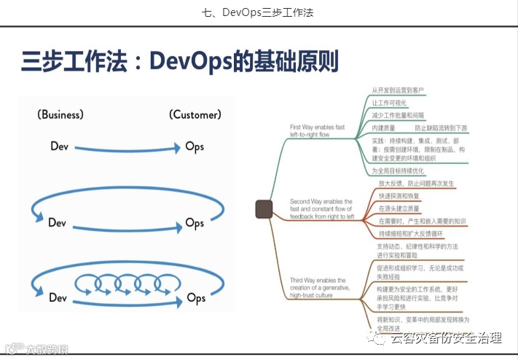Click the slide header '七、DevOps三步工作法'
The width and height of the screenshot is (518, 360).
point(259,12)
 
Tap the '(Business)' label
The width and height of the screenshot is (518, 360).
point(60,114)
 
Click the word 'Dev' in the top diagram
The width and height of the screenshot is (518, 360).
point(60,146)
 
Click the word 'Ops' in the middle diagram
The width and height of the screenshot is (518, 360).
point(195,223)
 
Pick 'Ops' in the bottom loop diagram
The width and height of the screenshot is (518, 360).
point(196,297)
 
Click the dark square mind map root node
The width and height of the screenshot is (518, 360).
point(264,210)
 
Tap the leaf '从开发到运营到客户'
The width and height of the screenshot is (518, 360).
point(397,90)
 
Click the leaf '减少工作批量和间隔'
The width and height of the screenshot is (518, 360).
point(398,115)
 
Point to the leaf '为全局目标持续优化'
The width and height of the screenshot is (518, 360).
point(398,171)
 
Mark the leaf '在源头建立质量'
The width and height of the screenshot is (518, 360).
point(399,208)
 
